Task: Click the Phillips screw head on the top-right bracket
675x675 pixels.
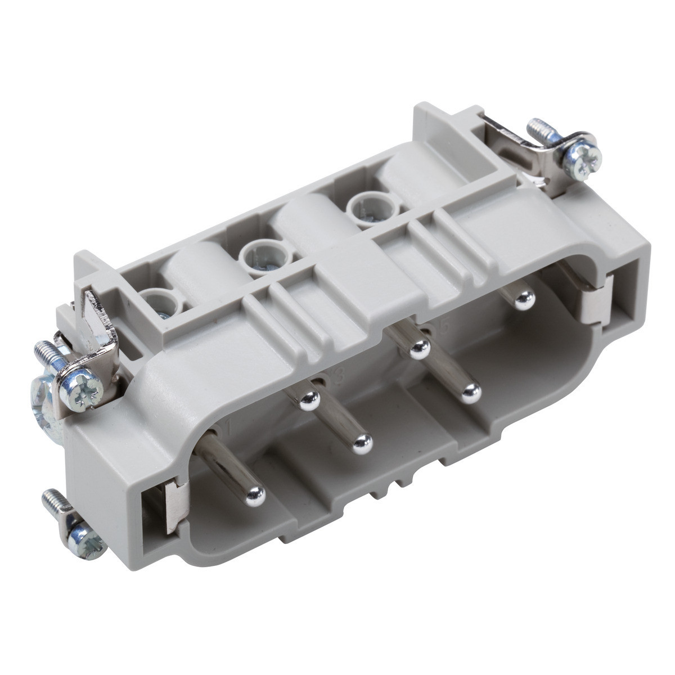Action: pyautogui.click(x=583, y=152)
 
